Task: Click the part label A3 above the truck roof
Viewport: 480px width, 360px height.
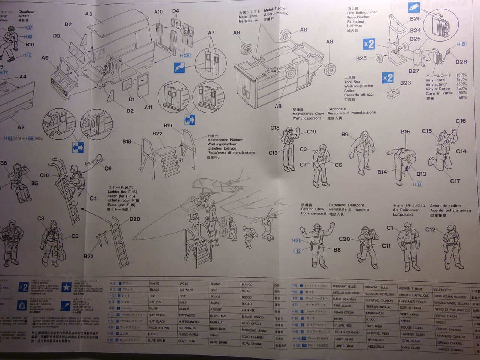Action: (x=88, y=14)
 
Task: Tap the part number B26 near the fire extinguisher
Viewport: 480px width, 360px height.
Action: (x=415, y=18)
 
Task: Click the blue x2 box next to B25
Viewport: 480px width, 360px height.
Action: (x=369, y=44)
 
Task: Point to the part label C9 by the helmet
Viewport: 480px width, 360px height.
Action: (x=108, y=168)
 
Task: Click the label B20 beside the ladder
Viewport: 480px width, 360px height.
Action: (x=135, y=219)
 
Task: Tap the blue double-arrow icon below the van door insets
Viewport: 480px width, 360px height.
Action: (x=190, y=120)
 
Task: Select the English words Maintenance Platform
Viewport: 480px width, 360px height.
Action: (x=225, y=140)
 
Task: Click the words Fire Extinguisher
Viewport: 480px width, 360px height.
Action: (x=362, y=13)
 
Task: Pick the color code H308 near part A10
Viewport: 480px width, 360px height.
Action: (x=185, y=55)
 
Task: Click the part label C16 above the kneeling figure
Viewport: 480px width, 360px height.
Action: (x=460, y=121)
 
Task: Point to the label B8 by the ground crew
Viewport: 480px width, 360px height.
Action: (x=337, y=249)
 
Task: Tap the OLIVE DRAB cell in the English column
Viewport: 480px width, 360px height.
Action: (x=156, y=341)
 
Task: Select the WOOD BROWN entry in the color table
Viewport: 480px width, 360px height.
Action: (x=158, y=328)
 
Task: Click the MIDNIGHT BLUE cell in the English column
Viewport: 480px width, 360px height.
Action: (x=344, y=286)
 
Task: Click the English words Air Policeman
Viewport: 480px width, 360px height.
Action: (x=406, y=210)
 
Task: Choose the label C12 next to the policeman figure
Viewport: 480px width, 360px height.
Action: (x=430, y=229)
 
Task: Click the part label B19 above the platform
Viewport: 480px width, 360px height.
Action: (x=168, y=126)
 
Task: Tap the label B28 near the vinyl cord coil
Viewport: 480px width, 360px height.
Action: (x=461, y=62)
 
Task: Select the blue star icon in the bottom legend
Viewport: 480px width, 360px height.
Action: (x=67, y=287)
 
